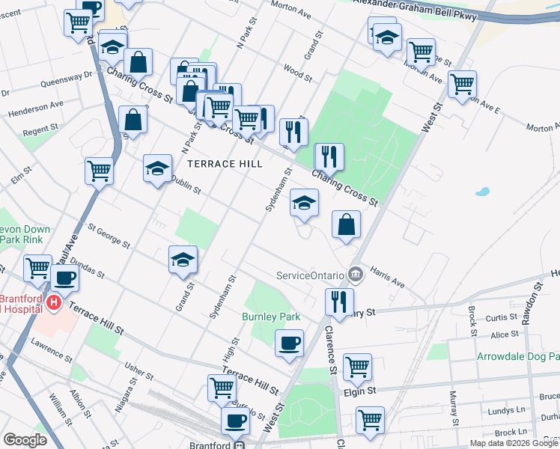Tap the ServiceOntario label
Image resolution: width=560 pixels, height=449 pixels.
(x=311, y=275)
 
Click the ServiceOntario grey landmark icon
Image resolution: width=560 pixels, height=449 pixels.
(x=356, y=275)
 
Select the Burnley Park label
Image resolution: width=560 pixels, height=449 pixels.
(x=270, y=317)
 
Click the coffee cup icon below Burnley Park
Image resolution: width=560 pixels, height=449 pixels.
(x=289, y=343)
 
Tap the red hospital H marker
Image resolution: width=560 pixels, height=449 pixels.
(x=54, y=304)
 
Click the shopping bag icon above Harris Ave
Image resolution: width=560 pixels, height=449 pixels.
(x=346, y=224)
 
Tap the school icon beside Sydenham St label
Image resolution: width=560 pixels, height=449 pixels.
(x=304, y=204)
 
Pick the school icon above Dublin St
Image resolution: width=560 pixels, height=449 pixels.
(x=158, y=168)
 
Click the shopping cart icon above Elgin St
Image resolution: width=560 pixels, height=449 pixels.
(x=358, y=367)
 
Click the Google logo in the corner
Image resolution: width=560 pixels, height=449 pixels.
(x=25, y=440)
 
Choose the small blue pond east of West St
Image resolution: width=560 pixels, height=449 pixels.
(x=482, y=192)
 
